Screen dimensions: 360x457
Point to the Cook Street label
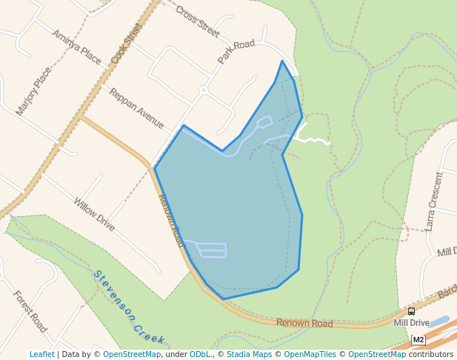pos(126,43)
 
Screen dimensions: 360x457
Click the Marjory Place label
pos(34,91)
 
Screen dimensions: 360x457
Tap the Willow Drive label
pos(94,214)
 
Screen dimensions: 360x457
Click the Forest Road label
pos(30,311)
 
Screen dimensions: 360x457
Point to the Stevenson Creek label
pos(129,307)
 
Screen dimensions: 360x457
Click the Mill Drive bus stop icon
pos(411,312)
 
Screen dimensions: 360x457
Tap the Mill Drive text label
pos(411,323)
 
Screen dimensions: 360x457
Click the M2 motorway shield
pos(418,340)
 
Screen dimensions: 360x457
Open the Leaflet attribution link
pos(41,354)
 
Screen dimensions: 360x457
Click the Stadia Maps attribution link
pos(249,354)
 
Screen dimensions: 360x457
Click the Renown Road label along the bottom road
pos(304,324)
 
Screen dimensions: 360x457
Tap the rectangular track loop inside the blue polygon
pos(211,250)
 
